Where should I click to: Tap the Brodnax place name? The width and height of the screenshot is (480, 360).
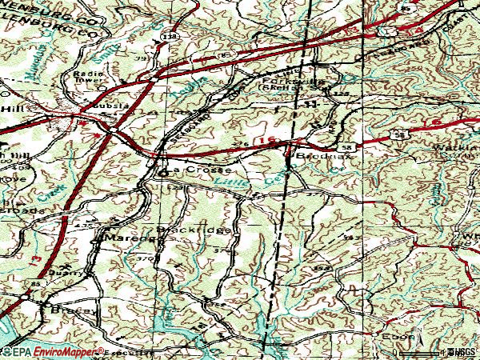tap(314, 158)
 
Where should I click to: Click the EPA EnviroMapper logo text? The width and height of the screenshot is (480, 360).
tap(53, 352)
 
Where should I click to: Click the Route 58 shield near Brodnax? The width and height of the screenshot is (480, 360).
tap(345, 149)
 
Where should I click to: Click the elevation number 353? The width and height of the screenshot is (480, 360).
tap(350, 238)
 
